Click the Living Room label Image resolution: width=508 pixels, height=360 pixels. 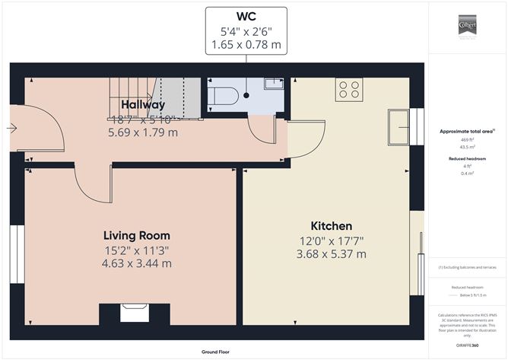tap(137, 235)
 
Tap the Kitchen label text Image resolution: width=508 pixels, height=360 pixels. tap(331, 226)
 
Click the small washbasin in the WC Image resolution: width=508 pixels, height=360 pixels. tap(272, 84)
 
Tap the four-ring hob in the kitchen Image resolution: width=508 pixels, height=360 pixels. tap(349, 89)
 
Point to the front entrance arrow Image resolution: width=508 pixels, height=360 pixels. tap(11, 129)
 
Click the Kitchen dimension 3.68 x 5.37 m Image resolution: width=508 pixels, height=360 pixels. tap(331, 253)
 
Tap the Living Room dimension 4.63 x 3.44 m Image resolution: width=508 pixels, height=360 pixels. tap(137, 263)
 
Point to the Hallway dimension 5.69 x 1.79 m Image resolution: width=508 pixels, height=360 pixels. tap(142, 132)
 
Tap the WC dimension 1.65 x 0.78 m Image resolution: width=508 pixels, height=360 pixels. tap(246, 45)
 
